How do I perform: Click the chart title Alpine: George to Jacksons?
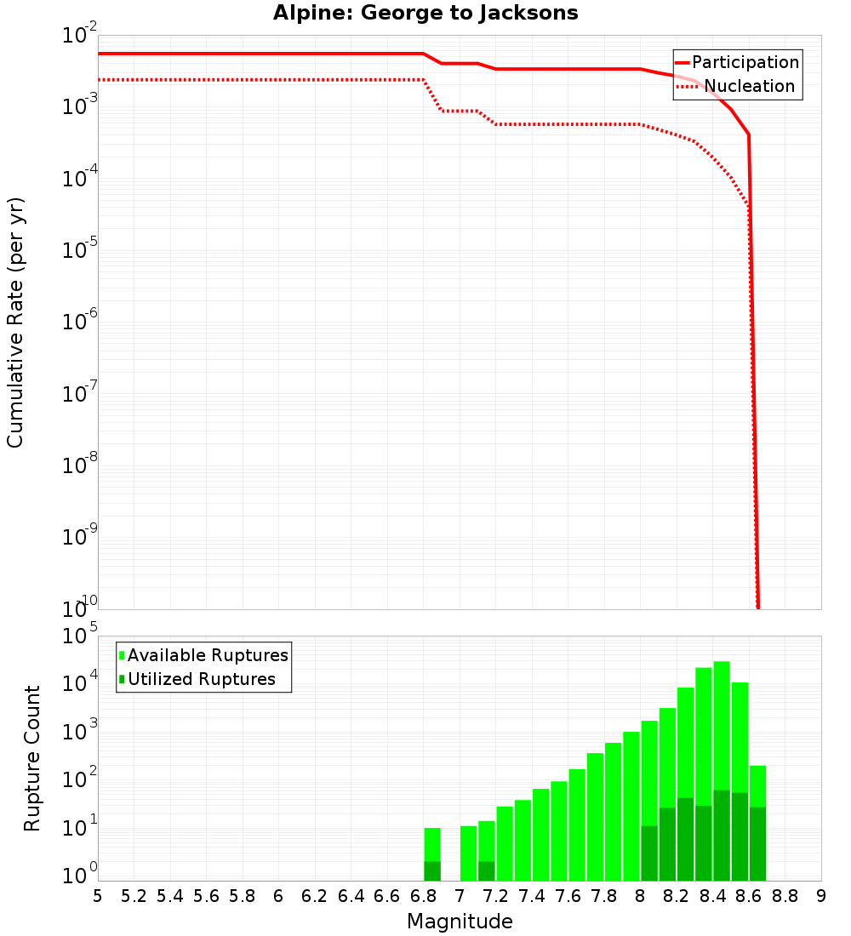(425, 14)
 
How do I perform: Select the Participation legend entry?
(745, 62)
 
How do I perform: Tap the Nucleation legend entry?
(749, 86)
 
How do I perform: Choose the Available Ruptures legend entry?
(208, 655)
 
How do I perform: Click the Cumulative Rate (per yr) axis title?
(15, 322)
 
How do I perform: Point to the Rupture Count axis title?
(32, 758)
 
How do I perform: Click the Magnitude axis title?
(460, 922)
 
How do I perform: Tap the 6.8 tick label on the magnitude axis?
(423, 895)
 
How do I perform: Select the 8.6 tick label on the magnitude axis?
(749, 895)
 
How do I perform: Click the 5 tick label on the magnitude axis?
(98, 895)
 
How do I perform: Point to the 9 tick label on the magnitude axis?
(821, 895)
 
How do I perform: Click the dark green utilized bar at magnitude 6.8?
(432, 871)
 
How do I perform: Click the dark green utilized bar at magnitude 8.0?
(649, 853)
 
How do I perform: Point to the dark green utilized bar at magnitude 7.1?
(487, 871)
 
